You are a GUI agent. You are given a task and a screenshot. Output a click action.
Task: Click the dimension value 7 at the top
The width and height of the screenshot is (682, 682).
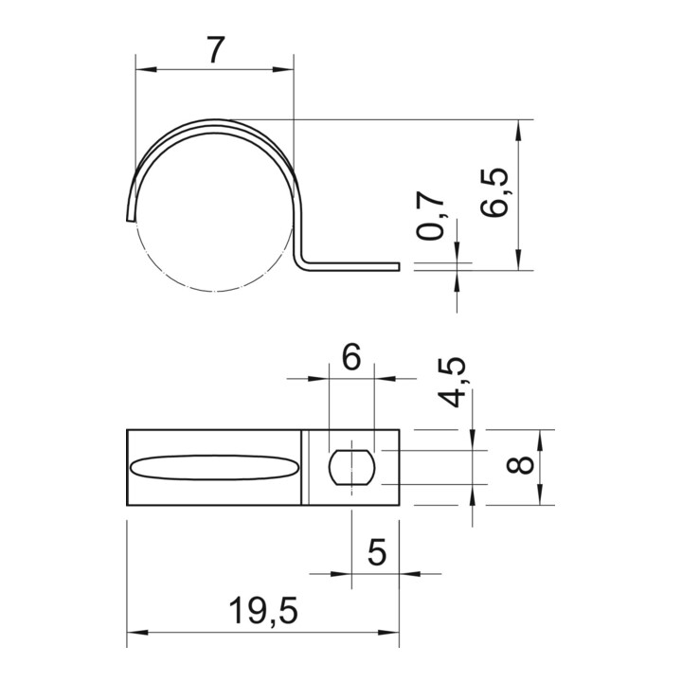tap(215, 49)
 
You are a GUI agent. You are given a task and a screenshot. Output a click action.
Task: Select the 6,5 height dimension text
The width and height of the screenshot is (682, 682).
tap(494, 191)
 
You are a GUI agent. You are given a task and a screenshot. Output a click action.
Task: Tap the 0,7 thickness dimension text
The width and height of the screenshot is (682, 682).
tap(430, 215)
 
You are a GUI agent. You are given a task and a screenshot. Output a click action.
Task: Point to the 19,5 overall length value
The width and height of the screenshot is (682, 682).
tap(262, 611)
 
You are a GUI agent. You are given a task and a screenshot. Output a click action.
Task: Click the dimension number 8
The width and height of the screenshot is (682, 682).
tap(520, 464)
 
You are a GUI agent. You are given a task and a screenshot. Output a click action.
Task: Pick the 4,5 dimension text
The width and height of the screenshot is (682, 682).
tap(451, 383)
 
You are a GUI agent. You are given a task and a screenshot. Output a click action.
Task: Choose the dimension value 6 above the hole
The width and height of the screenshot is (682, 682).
tap(351, 357)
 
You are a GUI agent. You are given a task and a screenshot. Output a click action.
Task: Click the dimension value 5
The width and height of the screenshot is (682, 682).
tap(377, 552)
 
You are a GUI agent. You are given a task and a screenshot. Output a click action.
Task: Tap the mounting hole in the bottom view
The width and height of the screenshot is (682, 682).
tap(351, 468)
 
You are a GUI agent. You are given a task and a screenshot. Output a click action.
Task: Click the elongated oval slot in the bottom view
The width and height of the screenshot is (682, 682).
tap(215, 468)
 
